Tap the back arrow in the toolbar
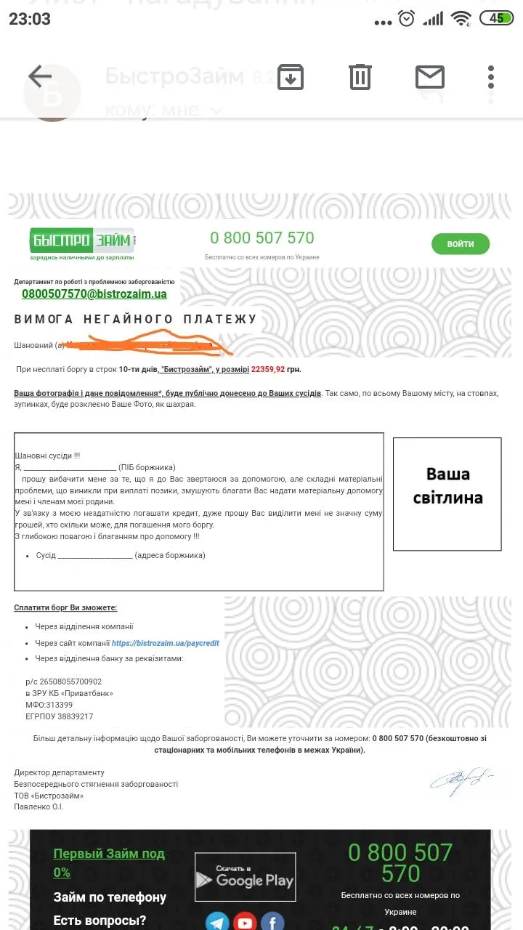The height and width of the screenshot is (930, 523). click(x=40, y=76)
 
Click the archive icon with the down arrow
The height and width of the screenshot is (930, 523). click(x=291, y=76)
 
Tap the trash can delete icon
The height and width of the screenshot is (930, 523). click(x=360, y=76)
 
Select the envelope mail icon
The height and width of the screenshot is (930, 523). click(x=429, y=76)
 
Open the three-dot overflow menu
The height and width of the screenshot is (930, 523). click(x=491, y=76)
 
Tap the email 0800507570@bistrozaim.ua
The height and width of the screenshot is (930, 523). click(x=94, y=294)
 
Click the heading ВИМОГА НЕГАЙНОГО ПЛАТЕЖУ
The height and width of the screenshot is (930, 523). click(x=136, y=319)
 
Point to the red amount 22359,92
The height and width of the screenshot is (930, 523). click(x=268, y=369)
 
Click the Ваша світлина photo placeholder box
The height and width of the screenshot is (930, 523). click(x=447, y=493)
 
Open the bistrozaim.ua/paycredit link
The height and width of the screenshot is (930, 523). click(x=165, y=643)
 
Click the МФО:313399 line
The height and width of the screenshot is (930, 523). click(x=49, y=705)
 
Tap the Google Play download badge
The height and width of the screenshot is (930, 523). click(x=246, y=877)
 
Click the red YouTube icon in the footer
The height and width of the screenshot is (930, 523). click(x=245, y=922)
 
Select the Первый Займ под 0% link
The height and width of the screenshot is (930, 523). click(x=109, y=862)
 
